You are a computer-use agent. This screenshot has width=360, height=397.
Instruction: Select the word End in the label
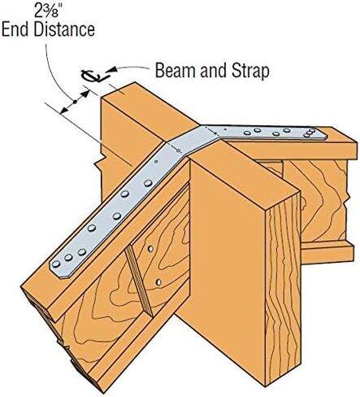point(15,30)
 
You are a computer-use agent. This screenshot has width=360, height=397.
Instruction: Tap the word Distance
point(64,30)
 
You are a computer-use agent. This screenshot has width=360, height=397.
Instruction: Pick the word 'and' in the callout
point(213,71)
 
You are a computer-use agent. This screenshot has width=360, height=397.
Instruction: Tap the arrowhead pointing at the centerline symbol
point(113,70)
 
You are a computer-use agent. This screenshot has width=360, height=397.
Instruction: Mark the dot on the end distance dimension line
point(75,102)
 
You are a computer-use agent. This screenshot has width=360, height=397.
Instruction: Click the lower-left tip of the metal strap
point(60,277)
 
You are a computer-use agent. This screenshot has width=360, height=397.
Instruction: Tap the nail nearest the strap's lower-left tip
point(56,264)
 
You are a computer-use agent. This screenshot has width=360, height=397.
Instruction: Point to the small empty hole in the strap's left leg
point(156,161)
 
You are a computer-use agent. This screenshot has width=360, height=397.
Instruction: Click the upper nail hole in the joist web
point(150,248)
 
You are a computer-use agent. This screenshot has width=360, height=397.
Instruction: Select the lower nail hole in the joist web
point(158,282)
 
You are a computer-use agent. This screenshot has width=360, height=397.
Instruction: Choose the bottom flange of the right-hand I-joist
point(327,252)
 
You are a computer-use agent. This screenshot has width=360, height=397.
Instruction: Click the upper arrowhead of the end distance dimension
point(85,94)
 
